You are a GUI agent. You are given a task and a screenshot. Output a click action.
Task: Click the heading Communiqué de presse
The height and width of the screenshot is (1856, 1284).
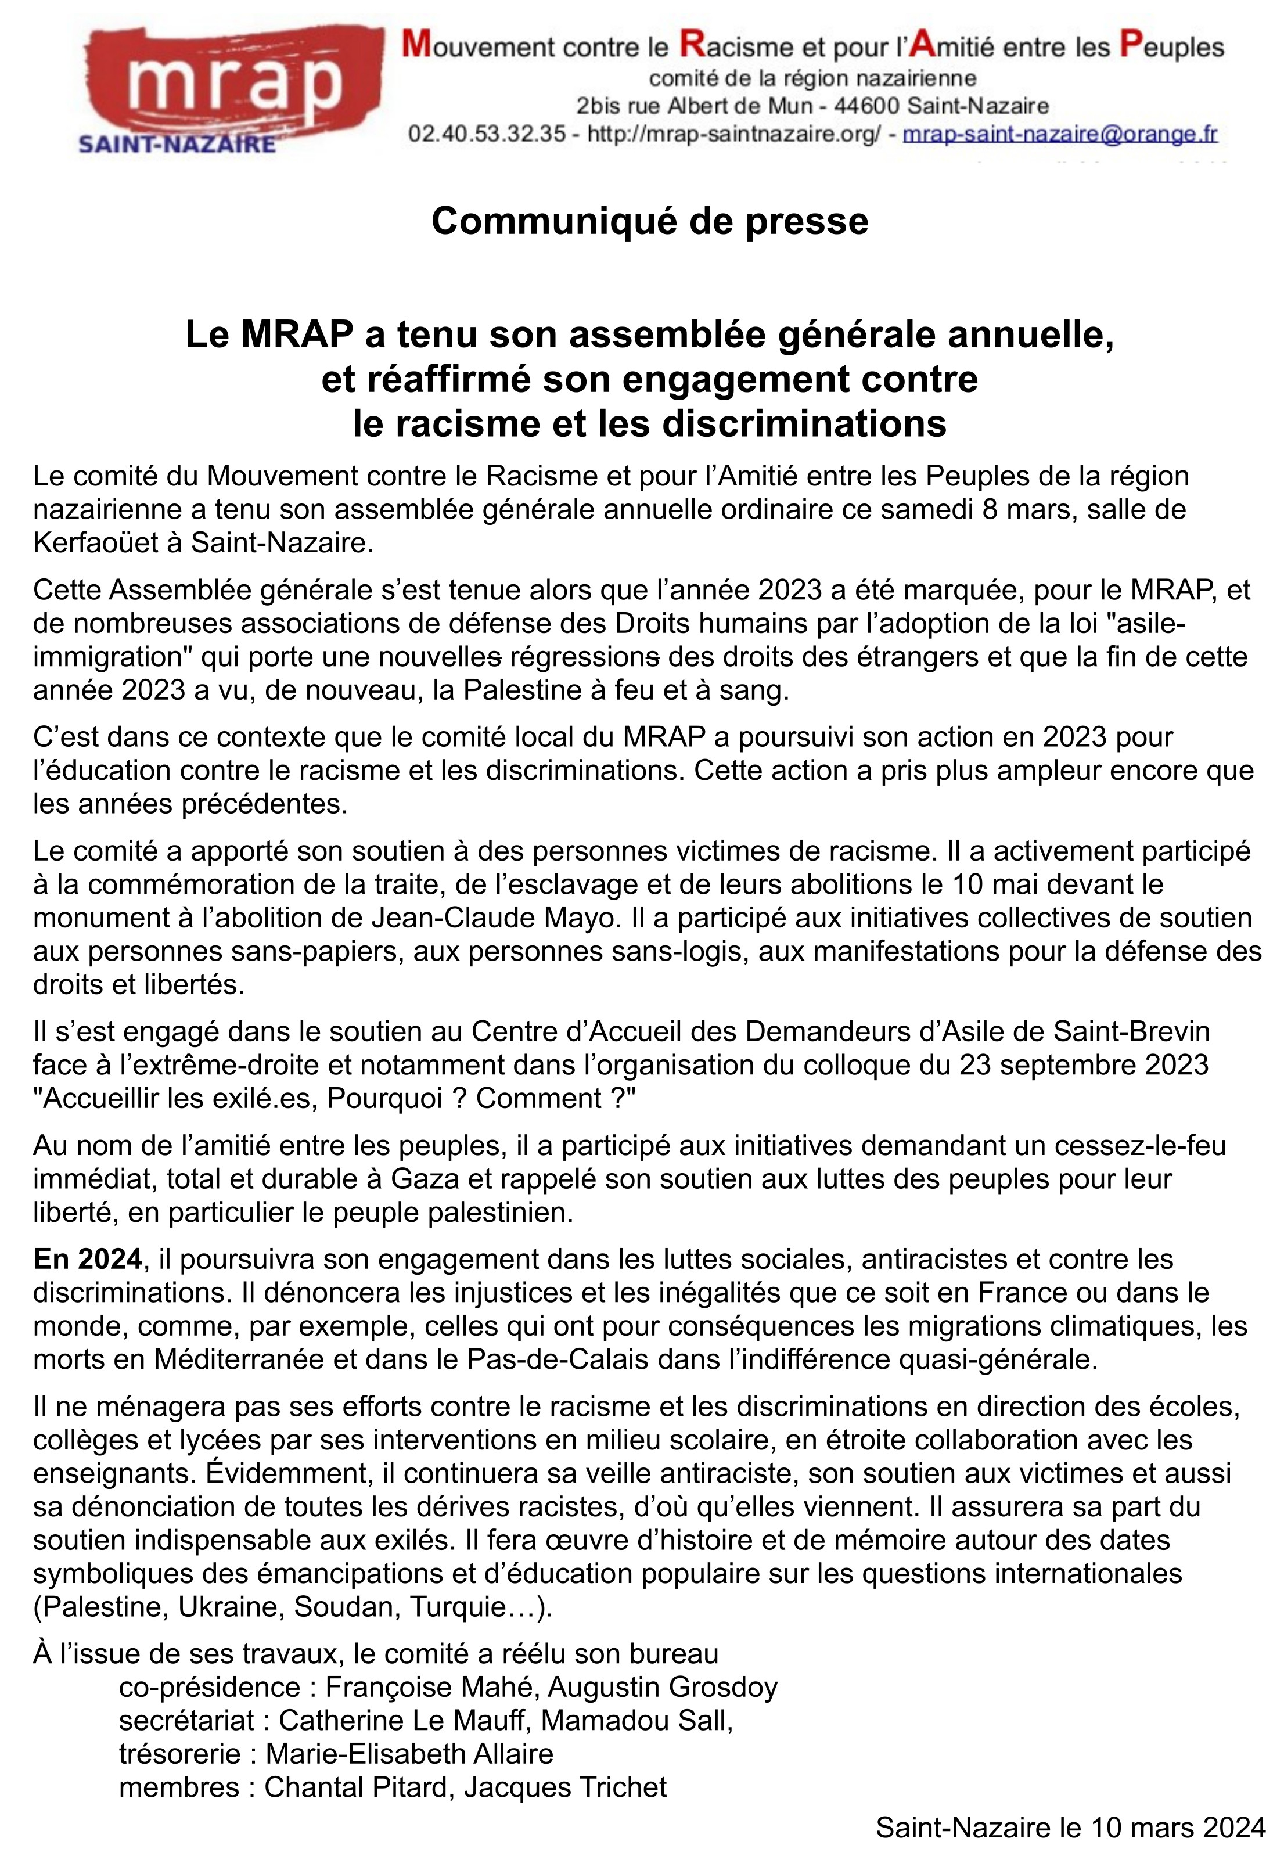(649, 221)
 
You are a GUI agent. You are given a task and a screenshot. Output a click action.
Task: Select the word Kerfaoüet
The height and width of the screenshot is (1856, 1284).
(102, 544)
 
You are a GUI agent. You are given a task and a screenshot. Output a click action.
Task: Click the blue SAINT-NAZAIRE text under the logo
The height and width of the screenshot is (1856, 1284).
(176, 145)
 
